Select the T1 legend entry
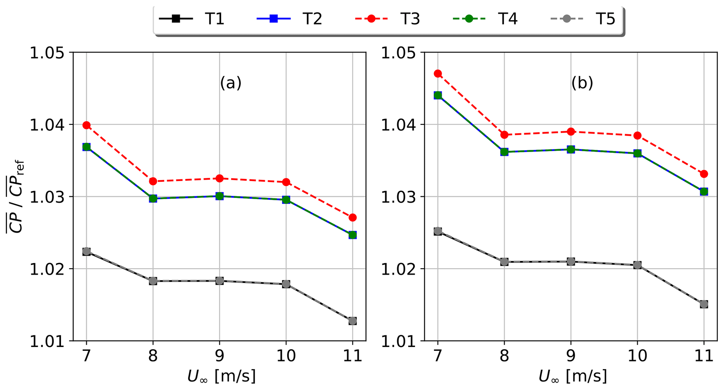192,19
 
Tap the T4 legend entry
485,19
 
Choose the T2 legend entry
290,19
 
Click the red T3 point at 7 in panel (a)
87,125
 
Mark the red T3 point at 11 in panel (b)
704,174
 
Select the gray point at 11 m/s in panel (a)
353,321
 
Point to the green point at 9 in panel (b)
571,149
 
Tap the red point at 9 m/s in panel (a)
220,179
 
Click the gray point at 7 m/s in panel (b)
438,231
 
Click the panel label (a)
230,83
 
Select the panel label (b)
582,83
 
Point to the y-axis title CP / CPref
15,196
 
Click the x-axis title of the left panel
221,376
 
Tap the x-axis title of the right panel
573,376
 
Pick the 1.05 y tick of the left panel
47,53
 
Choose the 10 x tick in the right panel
637,356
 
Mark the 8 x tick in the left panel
153,356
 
